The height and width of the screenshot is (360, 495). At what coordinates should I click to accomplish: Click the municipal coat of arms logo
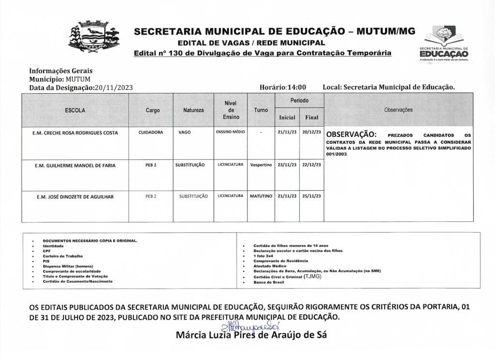coord(92,36)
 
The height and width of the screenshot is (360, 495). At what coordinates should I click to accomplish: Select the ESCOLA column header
coord(75,111)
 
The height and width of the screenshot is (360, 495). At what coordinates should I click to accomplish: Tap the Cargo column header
coord(152,111)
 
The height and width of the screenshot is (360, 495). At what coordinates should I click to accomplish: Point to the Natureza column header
coord(193,111)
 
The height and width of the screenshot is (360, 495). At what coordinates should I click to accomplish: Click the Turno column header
coord(261,111)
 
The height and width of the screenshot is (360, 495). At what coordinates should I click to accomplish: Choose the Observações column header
coord(398,110)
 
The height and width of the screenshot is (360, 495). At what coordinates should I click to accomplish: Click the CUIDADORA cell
coord(150,132)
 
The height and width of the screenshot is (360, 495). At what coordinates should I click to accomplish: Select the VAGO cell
coord(185,132)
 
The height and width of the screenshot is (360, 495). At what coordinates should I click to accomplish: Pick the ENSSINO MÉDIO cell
coord(230,131)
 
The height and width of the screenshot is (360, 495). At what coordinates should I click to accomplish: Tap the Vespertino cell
coord(261,164)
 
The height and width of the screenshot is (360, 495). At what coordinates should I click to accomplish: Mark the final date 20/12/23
coord(311,132)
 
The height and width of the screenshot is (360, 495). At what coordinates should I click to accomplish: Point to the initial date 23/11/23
coord(287,164)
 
